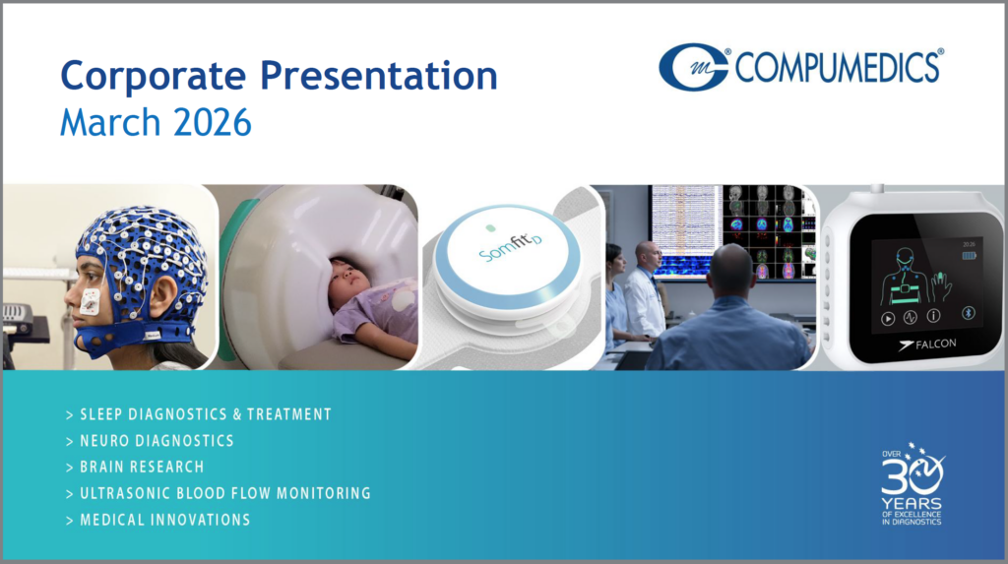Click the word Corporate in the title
click(x=153, y=77)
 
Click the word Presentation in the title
click(x=379, y=75)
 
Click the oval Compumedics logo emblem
click(x=693, y=67)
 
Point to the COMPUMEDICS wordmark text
click(x=839, y=67)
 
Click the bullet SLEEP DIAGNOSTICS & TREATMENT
click(x=199, y=414)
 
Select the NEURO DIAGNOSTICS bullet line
click(x=150, y=441)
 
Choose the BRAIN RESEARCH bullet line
click(x=135, y=467)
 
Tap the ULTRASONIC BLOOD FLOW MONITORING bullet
click(x=219, y=493)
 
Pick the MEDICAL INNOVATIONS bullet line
click(x=158, y=520)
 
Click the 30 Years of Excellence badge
click(x=912, y=484)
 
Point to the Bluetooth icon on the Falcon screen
click(x=969, y=313)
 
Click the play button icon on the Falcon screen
click(x=888, y=318)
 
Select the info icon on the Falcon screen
click(x=933, y=315)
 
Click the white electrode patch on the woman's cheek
click(x=90, y=301)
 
